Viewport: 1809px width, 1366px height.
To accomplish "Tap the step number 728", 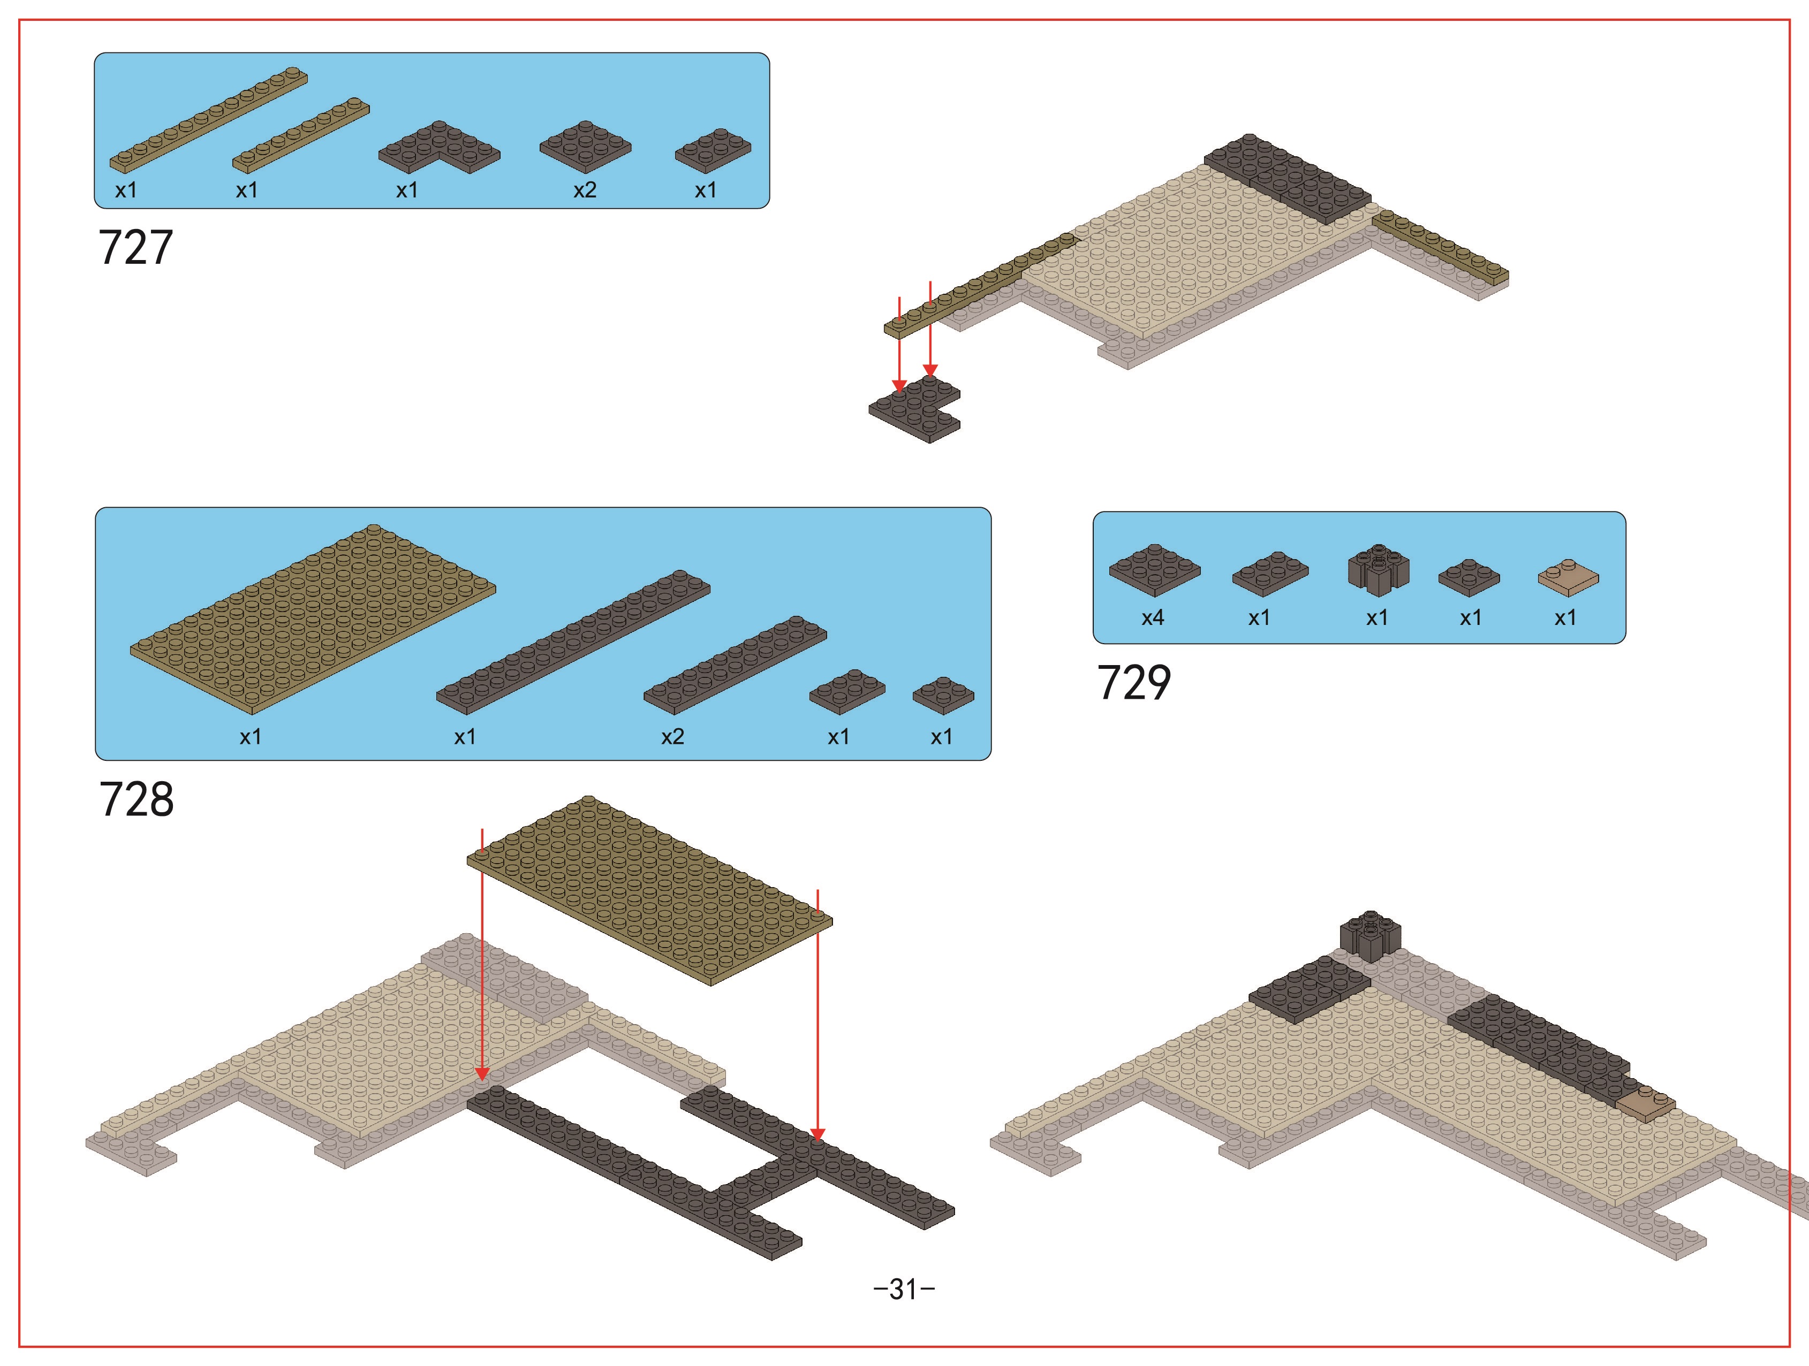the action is click(x=137, y=799).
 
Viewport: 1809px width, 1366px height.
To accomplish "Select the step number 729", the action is click(x=1133, y=683).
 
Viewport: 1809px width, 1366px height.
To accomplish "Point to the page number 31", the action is click(x=904, y=1289).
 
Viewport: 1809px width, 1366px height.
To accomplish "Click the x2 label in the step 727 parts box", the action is click(x=585, y=190).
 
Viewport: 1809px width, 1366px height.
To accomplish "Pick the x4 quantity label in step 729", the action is click(x=1152, y=618).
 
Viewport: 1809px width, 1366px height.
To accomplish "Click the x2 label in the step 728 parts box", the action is click(x=672, y=737).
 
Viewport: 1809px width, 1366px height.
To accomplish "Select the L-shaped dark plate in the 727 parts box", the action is click(x=439, y=147).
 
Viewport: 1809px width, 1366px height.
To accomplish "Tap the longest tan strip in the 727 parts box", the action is click(x=209, y=119).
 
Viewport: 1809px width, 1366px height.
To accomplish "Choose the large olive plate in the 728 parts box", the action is click(x=313, y=619).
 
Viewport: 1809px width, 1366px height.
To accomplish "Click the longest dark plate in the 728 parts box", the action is click(x=572, y=643).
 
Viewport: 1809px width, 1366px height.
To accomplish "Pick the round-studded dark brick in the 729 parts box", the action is click(x=1378, y=569).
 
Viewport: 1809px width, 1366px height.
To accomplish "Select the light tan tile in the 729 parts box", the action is click(x=1568, y=577).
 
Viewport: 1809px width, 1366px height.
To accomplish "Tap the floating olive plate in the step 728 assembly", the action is click(x=649, y=890).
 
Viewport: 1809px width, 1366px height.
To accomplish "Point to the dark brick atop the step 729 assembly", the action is click(x=1370, y=936).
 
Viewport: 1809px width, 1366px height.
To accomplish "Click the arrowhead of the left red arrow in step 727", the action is click(x=899, y=386).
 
